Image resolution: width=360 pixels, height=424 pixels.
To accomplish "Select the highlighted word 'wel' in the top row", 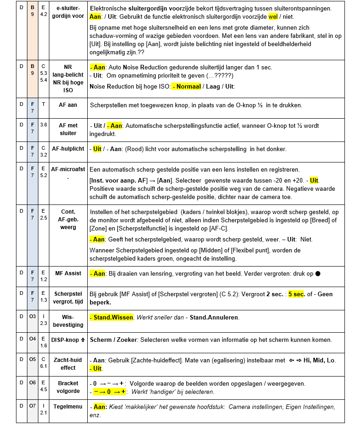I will point(273,17).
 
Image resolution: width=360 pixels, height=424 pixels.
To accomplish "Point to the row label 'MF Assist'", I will point(68,273).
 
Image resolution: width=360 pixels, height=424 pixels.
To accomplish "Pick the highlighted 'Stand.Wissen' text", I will point(112,317).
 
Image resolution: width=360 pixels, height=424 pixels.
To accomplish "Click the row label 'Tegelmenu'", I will point(68,406).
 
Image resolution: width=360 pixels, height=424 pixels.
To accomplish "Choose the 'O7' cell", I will point(32,406).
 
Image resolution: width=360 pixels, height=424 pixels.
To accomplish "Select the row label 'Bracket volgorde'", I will point(68,387).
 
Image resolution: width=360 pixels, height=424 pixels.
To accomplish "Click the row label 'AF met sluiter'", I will point(68,129).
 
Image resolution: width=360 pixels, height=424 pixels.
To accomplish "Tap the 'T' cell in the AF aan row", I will point(43,105).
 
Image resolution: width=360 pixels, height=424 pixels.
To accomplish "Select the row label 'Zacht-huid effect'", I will point(68,364).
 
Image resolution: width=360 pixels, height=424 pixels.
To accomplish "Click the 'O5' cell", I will point(32,360).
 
